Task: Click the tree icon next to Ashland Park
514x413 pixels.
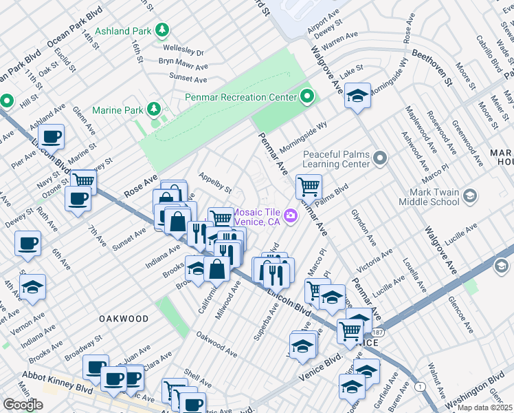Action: [162, 30]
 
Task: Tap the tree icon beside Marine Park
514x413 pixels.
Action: [155, 109]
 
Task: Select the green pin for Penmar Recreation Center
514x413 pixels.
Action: [306, 96]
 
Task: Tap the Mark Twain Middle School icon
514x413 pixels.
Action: [470, 196]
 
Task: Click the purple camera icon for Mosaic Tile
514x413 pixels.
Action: [291, 217]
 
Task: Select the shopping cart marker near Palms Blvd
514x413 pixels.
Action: [309, 186]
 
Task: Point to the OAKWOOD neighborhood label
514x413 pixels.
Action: [124, 319]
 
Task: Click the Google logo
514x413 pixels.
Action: [23, 405]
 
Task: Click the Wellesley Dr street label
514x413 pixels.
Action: [183, 50]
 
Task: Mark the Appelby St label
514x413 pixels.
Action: [215, 182]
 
